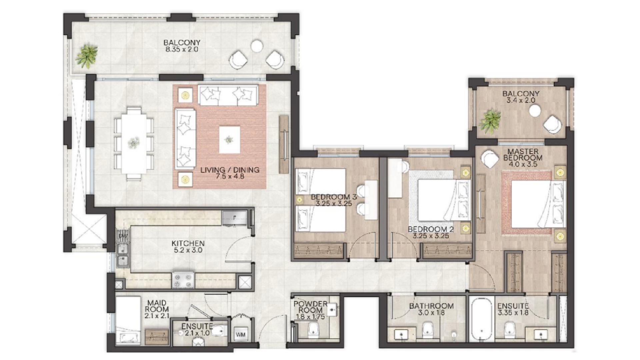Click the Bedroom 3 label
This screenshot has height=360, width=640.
(x=334, y=197)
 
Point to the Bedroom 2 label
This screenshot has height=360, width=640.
(x=431, y=229)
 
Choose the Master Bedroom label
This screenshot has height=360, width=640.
(x=523, y=154)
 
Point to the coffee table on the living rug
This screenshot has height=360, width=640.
(x=229, y=139)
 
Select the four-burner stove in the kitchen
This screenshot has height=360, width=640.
(x=183, y=280)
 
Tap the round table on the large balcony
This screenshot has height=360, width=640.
(x=257, y=45)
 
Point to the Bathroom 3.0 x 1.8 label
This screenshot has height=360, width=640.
(x=431, y=309)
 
